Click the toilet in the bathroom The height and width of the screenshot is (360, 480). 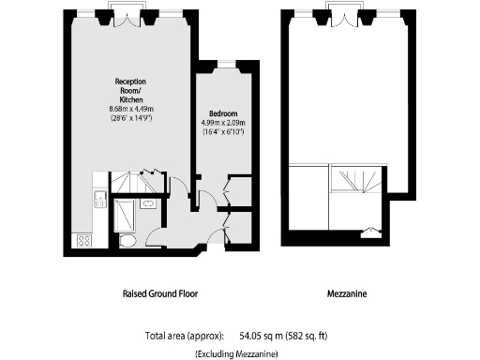click(x=128, y=242)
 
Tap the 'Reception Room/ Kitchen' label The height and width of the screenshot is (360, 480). click(x=129, y=91)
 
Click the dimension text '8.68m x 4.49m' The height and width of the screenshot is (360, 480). click(x=129, y=110)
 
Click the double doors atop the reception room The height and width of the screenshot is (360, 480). click(x=127, y=15)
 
